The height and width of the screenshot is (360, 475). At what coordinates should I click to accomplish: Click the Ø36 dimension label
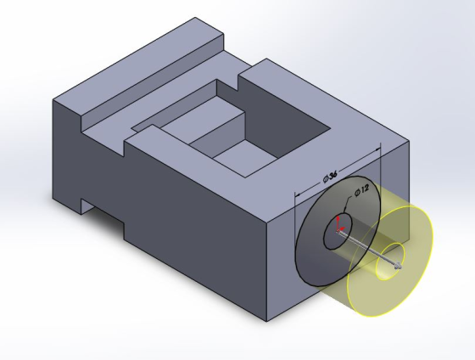pyautogui.click(x=330, y=177)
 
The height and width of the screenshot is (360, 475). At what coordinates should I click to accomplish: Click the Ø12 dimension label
pyautogui.click(x=362, y=189)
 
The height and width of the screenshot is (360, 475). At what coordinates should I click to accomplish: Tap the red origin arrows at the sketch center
pyautogui.click(x=339, y=228)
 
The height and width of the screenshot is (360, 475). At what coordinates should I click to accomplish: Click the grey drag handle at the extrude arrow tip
pyautogui.click(x=398, y=267)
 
